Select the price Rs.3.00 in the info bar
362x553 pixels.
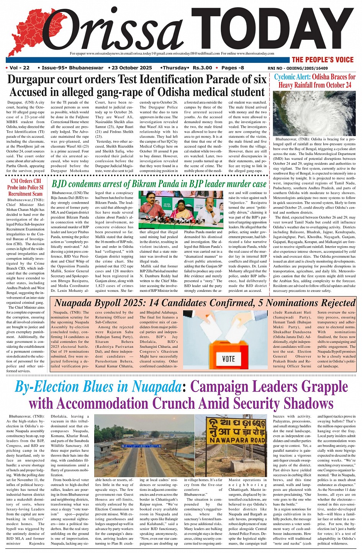coord(202,68)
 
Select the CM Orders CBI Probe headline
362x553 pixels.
coord(26,187)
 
